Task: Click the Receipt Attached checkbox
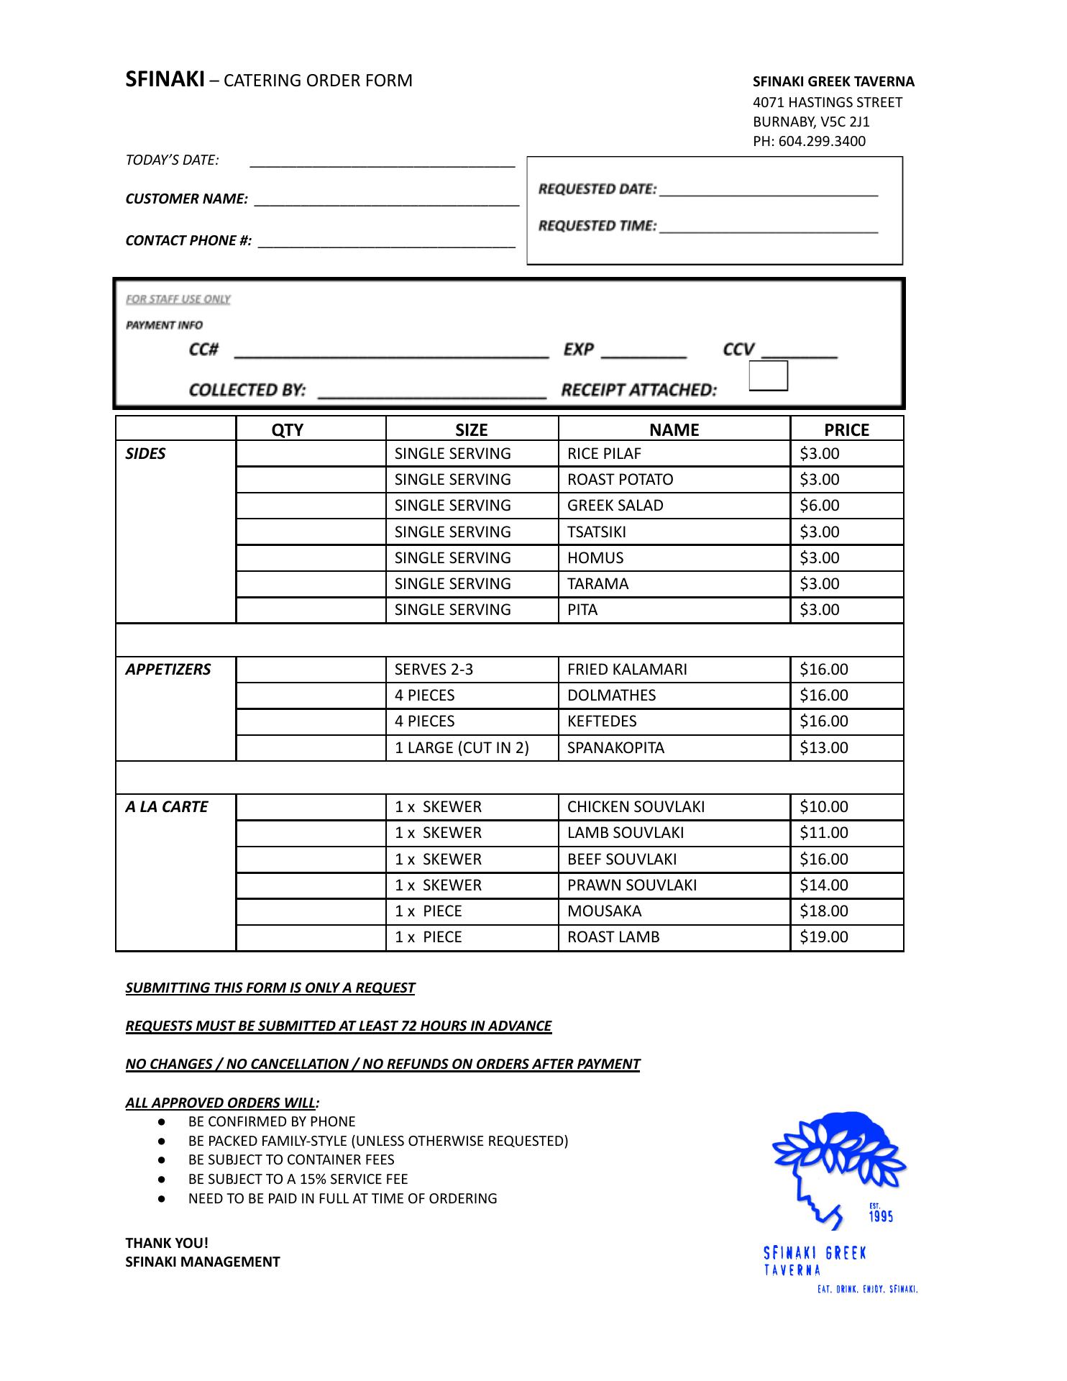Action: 769,376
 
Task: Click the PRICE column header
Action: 846,430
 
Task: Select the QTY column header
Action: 288,430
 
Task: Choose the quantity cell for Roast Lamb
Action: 311,937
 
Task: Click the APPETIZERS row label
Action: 168,670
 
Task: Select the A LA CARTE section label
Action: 166,807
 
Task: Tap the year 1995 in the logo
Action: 881,1216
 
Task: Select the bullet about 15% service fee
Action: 298,1180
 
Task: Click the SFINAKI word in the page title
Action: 165,80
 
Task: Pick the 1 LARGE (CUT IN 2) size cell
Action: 462,748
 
